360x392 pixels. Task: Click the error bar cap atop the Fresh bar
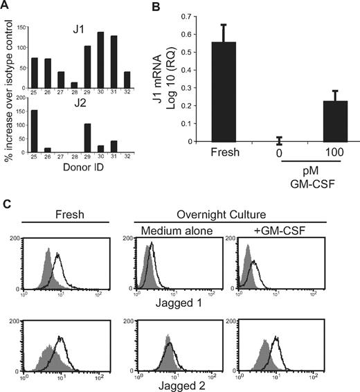(x=243, y=24)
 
